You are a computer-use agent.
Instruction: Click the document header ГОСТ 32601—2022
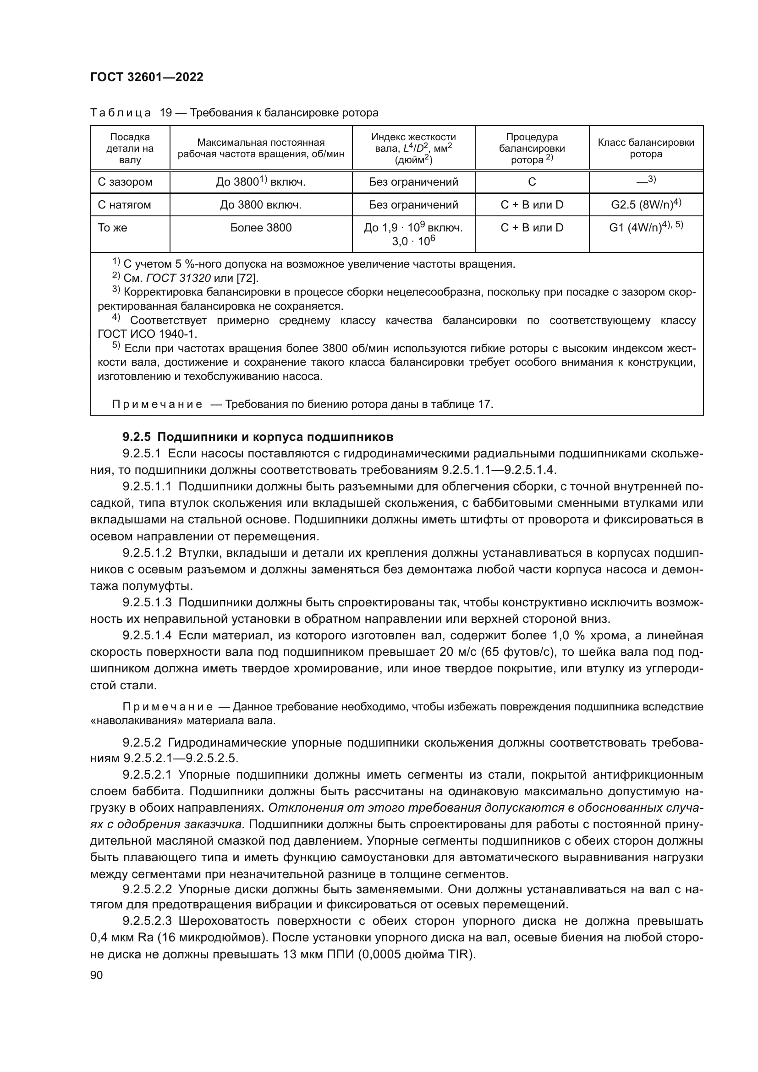pos(147,77)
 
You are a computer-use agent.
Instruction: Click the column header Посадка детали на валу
pos(130,148)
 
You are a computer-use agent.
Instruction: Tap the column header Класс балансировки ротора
pos(646,148)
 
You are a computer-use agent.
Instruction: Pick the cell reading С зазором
pos(125,182)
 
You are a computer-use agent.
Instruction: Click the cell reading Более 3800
pos(261,228)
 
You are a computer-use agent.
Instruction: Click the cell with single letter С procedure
pos(532,182)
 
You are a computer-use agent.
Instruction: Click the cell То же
pos(112,228)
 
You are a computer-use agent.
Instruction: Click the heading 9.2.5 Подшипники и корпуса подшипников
pos(258,437)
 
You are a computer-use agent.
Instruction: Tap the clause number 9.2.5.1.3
pos(148,602)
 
